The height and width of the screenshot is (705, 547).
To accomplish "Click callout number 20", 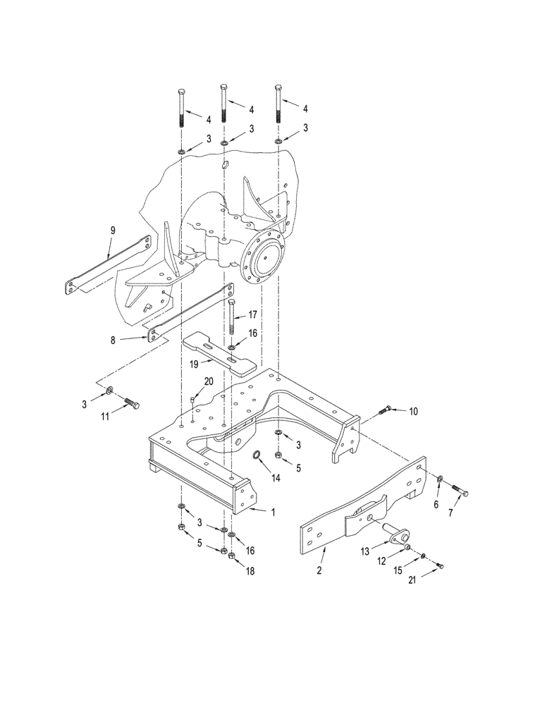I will pyautogui.click(x=208, y=381).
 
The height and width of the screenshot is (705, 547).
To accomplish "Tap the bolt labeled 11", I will pyautogui.click(x=131, y=404).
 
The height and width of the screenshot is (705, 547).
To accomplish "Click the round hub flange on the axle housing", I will pyautogui.click(x=266, y=258).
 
